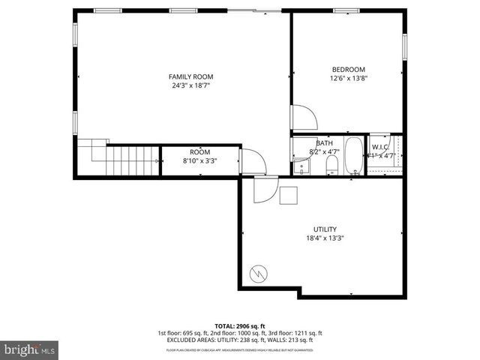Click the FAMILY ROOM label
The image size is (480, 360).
(190, 76)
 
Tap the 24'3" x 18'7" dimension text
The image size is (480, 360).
(190, 85)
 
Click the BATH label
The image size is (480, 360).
(324, 143)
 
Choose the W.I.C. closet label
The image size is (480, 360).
(379, 147)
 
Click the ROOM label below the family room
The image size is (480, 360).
(199, 152)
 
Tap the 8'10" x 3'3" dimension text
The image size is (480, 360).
(199, 160)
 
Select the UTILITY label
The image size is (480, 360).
(325, 229)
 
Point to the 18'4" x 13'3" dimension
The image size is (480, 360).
(325, 238)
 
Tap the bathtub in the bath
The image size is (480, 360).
(354, 156)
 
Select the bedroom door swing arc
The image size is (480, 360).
(304, 117)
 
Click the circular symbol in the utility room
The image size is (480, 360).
(257, 273)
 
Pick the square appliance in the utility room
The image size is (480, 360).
(289, 195)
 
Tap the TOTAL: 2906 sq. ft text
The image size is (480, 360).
(239, 326)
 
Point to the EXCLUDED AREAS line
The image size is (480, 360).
(239, 340)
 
